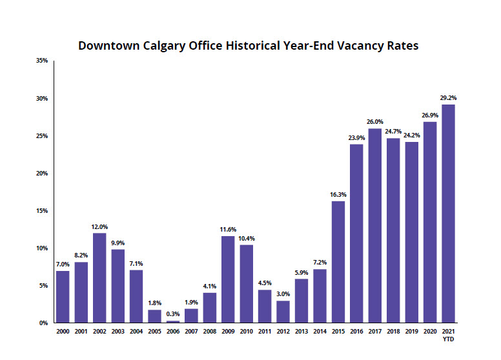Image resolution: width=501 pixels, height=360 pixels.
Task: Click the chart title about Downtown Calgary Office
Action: (249, 46)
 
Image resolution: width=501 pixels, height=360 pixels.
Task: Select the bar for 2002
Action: (99, 277)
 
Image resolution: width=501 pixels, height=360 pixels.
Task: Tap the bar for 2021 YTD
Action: (448, 213)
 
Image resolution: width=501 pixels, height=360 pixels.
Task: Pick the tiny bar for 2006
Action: (173, 321)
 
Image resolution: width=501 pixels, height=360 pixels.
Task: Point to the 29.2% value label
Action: (448, 98)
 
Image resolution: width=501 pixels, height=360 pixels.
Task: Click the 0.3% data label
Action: (173, 314)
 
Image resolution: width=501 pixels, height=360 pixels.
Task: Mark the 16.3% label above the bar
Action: (338, 194)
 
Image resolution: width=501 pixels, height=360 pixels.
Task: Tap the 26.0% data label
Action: (375, 121)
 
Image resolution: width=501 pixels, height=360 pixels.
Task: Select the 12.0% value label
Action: (99, 226)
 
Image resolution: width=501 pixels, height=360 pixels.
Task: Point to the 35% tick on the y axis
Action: (42, 61)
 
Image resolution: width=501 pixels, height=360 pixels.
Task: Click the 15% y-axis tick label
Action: (42, 210)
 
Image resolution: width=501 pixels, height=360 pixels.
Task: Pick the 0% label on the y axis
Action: (44, 323)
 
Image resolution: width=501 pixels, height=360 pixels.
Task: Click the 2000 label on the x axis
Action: (63, 331)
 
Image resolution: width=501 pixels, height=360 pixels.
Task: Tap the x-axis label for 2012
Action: (283, 331)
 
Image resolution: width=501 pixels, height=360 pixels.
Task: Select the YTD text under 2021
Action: (448, 339)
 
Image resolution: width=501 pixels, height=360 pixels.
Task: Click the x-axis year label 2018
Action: (393, 331)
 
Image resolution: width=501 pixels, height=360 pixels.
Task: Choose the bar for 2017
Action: (375, 225)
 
